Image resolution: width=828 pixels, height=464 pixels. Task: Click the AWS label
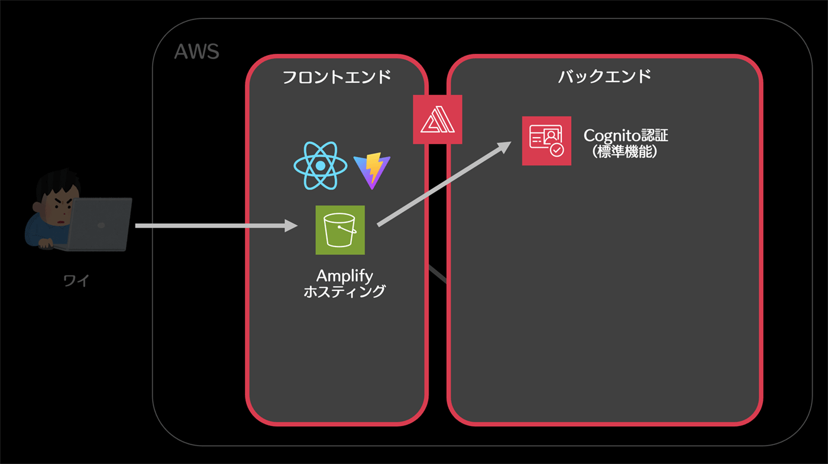(196, 51)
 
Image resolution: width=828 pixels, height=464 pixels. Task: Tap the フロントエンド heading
(336, 77)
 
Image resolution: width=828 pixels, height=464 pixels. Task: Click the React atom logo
(319, 166)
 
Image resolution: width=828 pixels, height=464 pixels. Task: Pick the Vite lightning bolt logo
(371, 170)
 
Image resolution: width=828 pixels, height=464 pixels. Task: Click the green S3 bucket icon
(340, 230)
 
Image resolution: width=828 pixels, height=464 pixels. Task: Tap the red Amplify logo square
(438, 119)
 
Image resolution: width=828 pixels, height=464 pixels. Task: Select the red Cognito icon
(546, 141)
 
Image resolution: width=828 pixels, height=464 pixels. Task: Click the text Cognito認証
(626, 135)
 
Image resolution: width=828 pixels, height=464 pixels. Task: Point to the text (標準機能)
(626, 151)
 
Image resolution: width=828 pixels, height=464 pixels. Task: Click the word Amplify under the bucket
(345, 275)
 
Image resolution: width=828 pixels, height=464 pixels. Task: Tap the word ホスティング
(344, 291)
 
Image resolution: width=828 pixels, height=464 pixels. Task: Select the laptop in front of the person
(99, 225)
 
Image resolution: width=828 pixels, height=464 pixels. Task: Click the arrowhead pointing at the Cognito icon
(504, 146)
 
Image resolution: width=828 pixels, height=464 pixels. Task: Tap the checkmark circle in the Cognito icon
(557, 150)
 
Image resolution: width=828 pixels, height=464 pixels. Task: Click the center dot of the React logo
(319, 166)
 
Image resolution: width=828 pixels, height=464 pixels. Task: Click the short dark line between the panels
(437, 274)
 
